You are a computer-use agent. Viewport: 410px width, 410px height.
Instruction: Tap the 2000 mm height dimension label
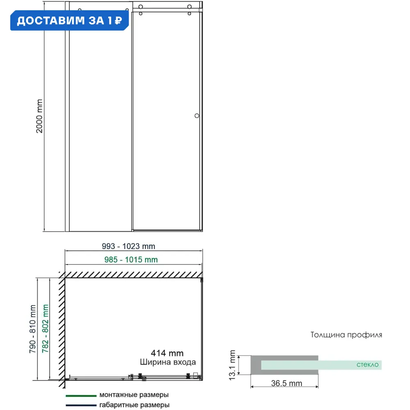[x=40, y=116]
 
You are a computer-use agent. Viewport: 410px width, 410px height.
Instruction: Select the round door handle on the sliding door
[x=197, y=116]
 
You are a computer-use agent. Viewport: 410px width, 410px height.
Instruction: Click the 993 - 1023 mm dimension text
[x=128, y=246]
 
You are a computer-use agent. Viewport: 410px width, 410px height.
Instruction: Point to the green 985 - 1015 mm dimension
[x=130, y=260]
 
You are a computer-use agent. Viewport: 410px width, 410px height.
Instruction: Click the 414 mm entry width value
[x=167, y=353]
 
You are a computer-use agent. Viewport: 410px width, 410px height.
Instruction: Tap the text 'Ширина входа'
[x=168, y=362]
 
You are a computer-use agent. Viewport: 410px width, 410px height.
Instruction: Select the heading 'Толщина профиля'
[x=346, y=335]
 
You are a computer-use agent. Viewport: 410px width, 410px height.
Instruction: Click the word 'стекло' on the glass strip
[x=368, y=364]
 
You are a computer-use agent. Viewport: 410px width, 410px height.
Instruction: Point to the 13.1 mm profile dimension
[x=233, y=364]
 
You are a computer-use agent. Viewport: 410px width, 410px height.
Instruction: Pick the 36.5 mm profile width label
[x=287, y=383]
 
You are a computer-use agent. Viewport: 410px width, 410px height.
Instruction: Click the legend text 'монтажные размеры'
[x=134, y=395]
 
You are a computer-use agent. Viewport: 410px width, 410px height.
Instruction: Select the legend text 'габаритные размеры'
[x=134, y=405]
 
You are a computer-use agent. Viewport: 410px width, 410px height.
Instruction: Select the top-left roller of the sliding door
[x=141, y=7]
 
